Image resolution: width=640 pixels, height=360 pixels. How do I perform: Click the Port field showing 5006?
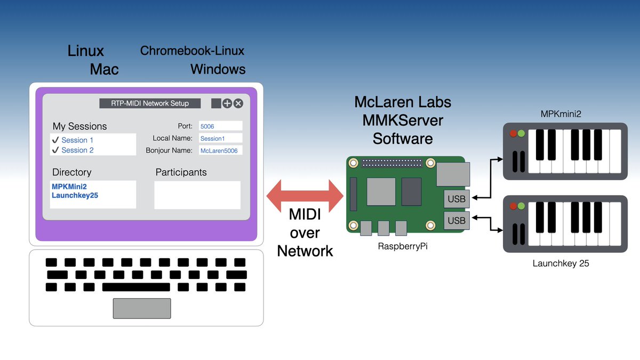[220, 126]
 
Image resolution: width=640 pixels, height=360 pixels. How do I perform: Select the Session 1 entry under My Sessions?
[77, 140]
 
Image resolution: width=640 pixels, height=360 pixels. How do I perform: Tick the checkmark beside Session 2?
[55, 150]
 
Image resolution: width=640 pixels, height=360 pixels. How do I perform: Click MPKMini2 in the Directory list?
[69, 187]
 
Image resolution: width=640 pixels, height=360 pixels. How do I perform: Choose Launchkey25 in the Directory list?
[75, 196]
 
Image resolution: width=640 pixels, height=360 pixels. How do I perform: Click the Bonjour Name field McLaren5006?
[220, 151]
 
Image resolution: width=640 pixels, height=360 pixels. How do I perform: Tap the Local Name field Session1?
[220, 139]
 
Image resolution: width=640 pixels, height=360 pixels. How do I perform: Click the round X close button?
[238, 103]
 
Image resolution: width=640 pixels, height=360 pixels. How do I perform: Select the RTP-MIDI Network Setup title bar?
[151, 103]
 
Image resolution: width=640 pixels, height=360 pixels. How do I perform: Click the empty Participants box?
[197, 195]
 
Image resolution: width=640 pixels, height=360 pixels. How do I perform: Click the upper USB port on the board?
[456, 199]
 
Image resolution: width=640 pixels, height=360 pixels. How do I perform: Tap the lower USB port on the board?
[456, 220]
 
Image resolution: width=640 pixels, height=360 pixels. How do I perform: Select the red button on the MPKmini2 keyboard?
[514, 134]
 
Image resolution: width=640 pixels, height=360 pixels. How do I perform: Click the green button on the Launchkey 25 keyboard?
[522, 206]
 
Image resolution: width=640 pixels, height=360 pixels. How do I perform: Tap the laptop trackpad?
[142, 308]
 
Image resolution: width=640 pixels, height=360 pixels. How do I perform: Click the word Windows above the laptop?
[218, 69]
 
